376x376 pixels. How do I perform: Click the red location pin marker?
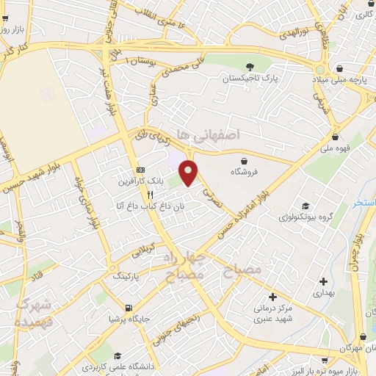pos(189,173)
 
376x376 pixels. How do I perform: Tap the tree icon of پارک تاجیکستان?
pos(251,65)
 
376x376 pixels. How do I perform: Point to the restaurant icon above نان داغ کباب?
pos(150,195)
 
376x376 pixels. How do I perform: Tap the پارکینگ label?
pos(129,275)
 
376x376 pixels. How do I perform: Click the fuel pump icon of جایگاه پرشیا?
pos(129,308)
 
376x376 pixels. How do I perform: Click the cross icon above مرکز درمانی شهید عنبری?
pos(272,297)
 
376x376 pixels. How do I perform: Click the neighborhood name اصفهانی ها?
pos(234,135)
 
